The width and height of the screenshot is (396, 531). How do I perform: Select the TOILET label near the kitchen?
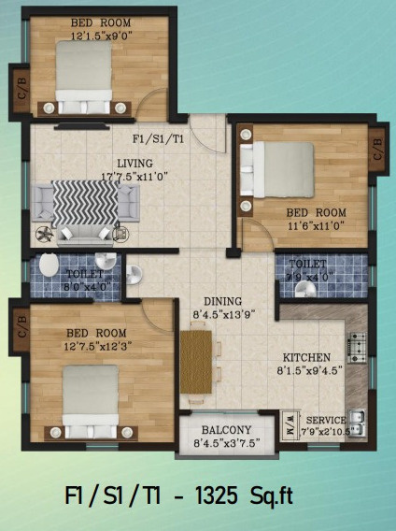(307, 264)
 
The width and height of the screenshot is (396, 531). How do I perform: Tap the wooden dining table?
(197, 366)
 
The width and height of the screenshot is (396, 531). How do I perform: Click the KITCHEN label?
(308, 357)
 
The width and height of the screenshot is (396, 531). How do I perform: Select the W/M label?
(290, 421)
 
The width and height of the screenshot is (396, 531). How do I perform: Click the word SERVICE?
(327, 420)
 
